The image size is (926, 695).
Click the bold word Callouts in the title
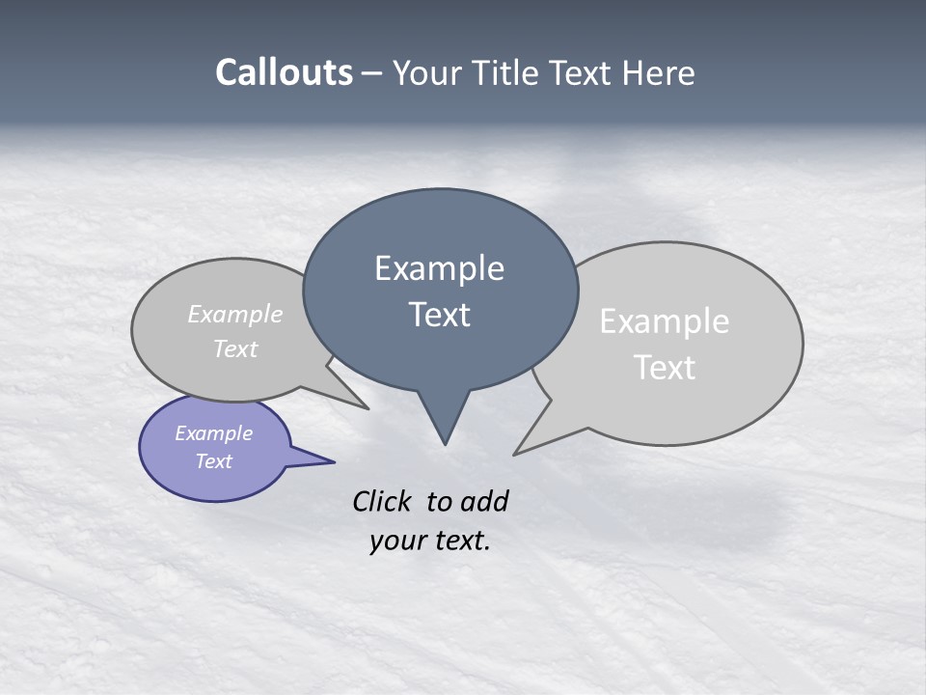click(284, 72)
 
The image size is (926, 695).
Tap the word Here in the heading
click(659, 72)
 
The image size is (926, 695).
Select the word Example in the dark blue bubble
click(439, 268)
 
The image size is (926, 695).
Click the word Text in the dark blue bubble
click(439, 315)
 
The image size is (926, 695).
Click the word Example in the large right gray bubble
click(665, 321)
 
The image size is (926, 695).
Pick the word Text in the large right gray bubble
click(665, 368)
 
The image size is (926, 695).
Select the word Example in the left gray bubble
click(235, 314)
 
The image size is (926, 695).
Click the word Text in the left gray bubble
click(235, 348)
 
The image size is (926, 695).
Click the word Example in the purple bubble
click(214, 433)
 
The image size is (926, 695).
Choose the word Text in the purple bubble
click(214, 461)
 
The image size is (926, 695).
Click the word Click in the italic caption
click(382, 501)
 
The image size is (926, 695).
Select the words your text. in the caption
click(430, 540)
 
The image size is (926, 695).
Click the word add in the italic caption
click(483, 501)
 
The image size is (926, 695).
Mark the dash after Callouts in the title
click(372, 73)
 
